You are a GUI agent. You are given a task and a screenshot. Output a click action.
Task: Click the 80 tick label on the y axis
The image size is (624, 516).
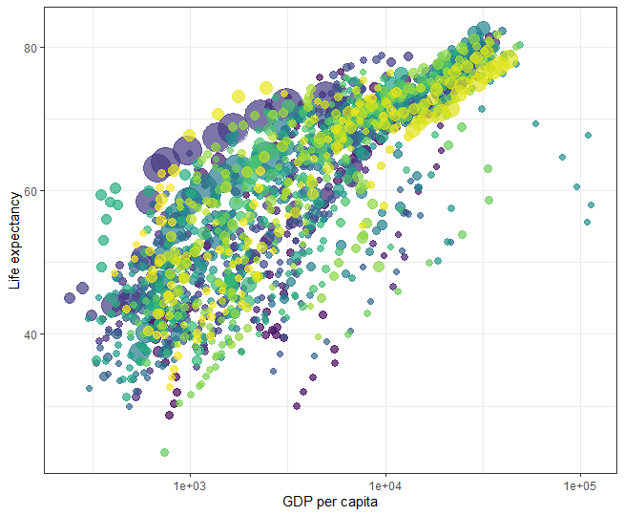pos(31,48)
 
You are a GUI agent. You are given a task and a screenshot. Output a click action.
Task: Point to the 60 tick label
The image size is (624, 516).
pos(31,191)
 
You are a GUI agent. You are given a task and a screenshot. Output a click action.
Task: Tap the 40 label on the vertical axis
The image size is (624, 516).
pos(31,334)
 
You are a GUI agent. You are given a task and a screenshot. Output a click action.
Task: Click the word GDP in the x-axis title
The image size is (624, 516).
pos(297,502)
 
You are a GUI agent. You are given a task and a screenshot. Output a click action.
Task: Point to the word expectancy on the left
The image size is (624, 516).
pos(14,226)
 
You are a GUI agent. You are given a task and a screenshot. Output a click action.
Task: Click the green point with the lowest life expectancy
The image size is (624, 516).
pos(164,452)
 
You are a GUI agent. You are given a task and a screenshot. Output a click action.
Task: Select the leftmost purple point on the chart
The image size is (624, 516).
pos(70,298)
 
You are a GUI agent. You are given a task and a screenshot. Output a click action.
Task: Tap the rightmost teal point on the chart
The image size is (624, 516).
pos(592,204)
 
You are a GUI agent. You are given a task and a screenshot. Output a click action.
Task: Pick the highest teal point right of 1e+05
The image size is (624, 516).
pos(588,136)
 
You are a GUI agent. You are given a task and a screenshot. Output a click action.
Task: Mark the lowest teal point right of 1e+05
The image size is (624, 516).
pos(587,223)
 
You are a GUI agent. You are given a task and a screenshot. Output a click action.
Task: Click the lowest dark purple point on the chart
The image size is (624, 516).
pos(170,415)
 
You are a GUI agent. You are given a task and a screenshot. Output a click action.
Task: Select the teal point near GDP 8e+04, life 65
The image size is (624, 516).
pos(562,157)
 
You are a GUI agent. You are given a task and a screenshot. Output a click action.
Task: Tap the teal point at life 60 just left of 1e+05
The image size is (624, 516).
pos(576,187)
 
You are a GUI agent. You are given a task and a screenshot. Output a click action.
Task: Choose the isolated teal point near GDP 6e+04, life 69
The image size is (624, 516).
pos(535,124)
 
